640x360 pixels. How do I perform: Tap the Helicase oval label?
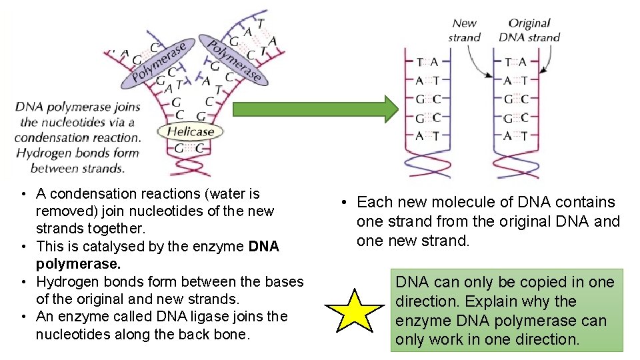click(190, 131)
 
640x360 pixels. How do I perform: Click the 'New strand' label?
click(465, 31)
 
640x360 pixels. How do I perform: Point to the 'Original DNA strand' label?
click(529, 31)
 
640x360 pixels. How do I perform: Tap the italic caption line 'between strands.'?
click(77, 168)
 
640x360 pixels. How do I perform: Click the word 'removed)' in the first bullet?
click(63, 211)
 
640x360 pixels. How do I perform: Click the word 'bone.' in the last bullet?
click(233, 334)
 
